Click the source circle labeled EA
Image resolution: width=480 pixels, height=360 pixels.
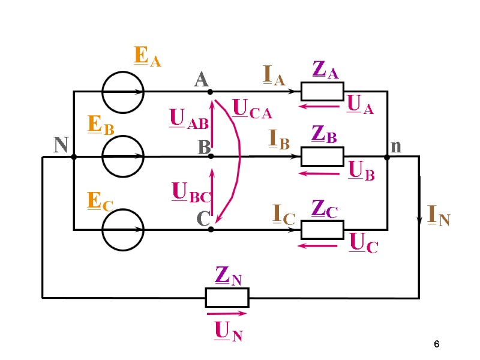click(122, 92)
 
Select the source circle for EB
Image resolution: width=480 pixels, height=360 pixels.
click(122, 156)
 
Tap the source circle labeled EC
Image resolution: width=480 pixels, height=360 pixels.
click(122, 229)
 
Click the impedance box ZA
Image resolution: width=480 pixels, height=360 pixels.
click(322, 91)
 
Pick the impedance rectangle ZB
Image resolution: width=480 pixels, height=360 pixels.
click(322, 156)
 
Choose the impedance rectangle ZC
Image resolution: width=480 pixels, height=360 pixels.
click(322, 230)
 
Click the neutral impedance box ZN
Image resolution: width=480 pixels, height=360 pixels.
click(227, 297)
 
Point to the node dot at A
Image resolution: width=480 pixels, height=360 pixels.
click(210, 92)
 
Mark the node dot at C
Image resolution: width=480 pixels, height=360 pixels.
click(211, 229)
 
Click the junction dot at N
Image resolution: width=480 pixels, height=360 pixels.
click(74, 157)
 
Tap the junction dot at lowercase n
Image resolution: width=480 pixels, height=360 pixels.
click(387, 157)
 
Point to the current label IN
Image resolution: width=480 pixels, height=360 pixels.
click(438, 215)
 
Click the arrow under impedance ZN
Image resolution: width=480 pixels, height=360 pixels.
click(227, 313)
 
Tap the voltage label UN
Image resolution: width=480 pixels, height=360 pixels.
click(229, 331)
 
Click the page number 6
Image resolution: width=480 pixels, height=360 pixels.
click(437, 344)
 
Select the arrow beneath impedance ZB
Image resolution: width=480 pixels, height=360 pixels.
click(320, 173)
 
